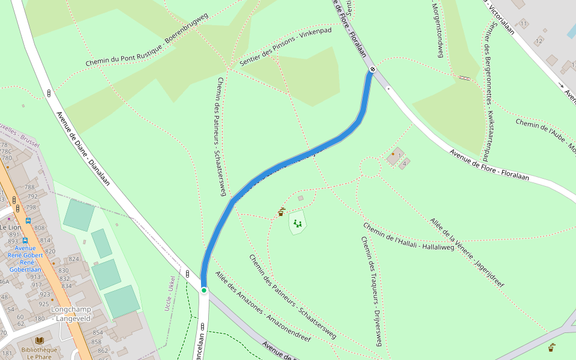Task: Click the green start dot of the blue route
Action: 204,290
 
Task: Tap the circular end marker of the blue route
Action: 373,70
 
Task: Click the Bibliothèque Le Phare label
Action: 39,353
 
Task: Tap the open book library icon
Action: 40,340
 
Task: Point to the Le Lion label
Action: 10,228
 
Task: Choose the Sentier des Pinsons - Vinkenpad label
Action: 285,46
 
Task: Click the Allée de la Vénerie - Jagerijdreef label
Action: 468,252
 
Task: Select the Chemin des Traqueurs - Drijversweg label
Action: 371,291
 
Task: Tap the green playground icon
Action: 297,224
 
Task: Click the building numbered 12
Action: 538,41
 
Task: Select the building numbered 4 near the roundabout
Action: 405,163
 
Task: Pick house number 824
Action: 74,259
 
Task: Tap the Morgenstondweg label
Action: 438,30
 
